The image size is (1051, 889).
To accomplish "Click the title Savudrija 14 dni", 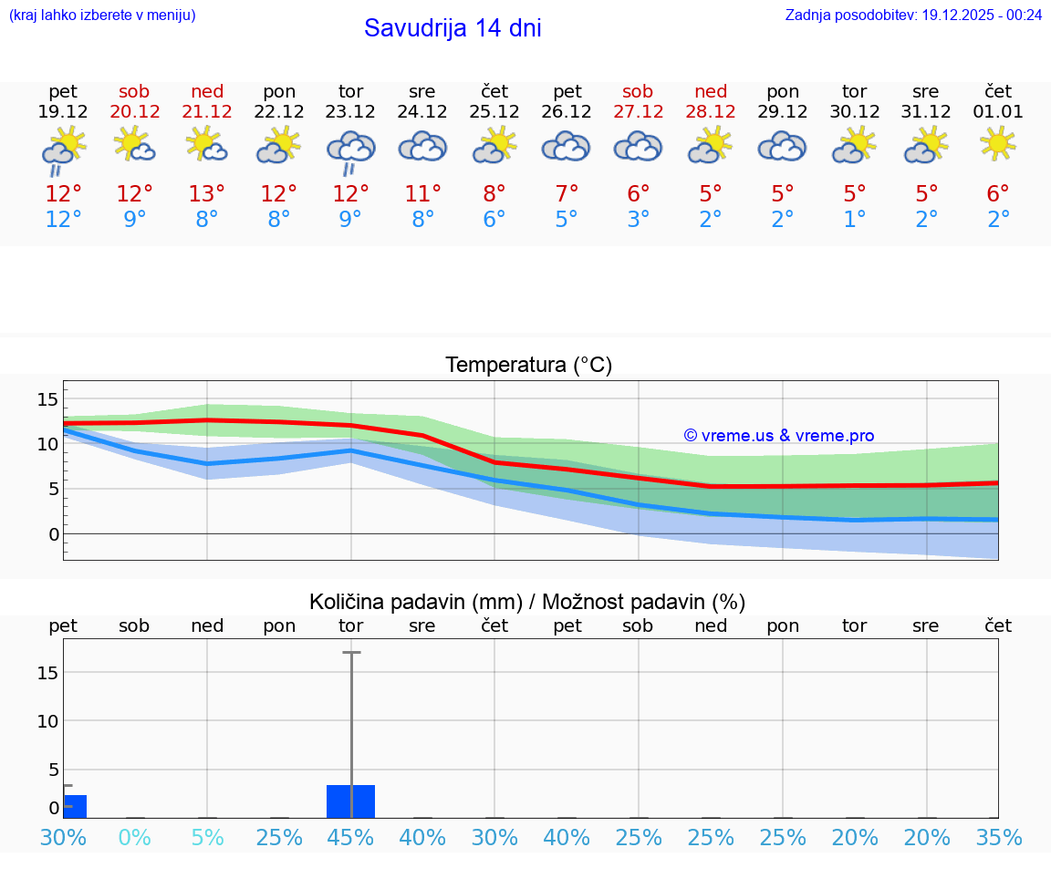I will [453, 28].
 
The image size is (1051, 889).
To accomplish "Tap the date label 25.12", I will [494, 112].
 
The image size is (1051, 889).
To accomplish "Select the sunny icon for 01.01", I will [998, 143].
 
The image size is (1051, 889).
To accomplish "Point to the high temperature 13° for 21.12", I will [207, 194].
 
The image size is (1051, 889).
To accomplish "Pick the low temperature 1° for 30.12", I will [855, 220].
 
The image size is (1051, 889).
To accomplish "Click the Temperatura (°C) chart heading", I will [528, 366].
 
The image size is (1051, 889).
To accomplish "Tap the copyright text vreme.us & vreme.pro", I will [779, 436].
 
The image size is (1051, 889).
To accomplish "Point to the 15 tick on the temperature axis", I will [47, 399].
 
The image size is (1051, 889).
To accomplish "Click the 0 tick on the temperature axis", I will [53, 533].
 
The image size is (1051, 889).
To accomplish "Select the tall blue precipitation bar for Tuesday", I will [351, 801].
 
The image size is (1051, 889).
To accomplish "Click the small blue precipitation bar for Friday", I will [75, 806].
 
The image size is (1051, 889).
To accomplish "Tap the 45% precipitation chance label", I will [351, 837].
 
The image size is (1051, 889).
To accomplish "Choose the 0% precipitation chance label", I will [134, 837].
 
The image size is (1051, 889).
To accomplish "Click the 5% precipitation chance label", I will [207, 837].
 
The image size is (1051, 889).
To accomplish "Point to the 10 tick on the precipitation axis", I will [47, 720].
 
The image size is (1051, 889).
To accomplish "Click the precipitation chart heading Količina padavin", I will [527, 602].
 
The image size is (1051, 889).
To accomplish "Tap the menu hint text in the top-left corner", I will [102, 15].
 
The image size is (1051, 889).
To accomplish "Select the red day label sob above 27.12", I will [638, 91].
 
